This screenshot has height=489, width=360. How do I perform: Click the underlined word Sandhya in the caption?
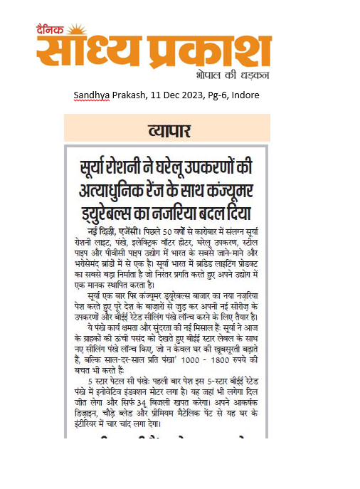pyautogui.click(x=91, y=95)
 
